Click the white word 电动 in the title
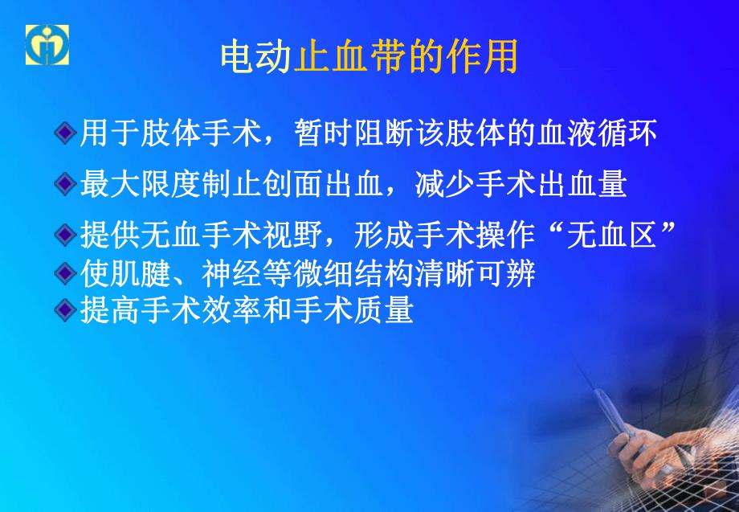[x=255, y=59]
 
